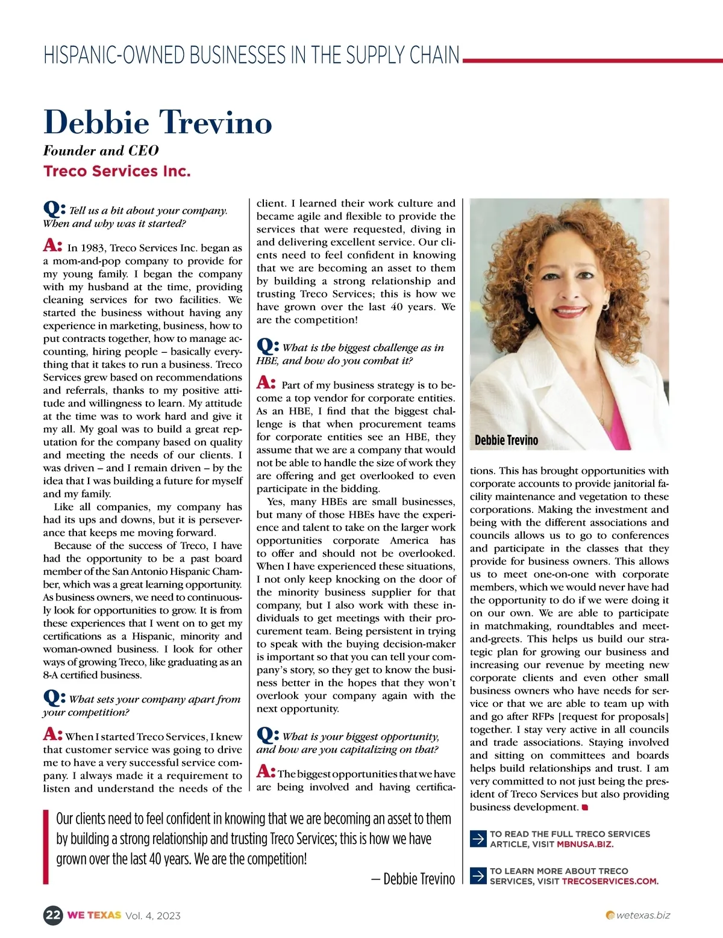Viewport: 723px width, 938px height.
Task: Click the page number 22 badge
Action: (x=53, y=915)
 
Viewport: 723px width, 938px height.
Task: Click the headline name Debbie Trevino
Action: (x=158, y=122)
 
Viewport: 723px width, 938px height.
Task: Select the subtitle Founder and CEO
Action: (x=101, y=151)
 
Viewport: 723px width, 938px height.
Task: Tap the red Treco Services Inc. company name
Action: (x=117, y=171)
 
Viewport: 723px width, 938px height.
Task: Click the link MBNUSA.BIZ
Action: (x=585, y=844)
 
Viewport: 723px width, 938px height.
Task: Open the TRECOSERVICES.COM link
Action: (x=610, y=881)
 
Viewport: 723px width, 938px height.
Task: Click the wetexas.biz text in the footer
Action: (x=643, y=915)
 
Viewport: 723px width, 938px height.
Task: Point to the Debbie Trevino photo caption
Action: (x=506, y=440)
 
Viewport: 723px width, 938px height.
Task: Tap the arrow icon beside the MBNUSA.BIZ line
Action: (x=478, y=839)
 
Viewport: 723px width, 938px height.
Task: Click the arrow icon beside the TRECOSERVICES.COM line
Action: (x=478, y=875)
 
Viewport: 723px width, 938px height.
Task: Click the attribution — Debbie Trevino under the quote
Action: (x=413, y=879)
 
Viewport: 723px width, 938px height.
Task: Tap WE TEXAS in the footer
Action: (x=94, y=915)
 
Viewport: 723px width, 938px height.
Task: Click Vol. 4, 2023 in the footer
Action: (x=153, y=916)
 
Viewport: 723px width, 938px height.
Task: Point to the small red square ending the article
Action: (x=584, y=807)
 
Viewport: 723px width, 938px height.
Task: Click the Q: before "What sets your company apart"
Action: (x=54, y=698)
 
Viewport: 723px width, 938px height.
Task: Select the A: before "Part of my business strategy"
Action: (x=266, y=383)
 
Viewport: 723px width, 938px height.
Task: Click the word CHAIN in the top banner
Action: (x=435, y=55)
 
